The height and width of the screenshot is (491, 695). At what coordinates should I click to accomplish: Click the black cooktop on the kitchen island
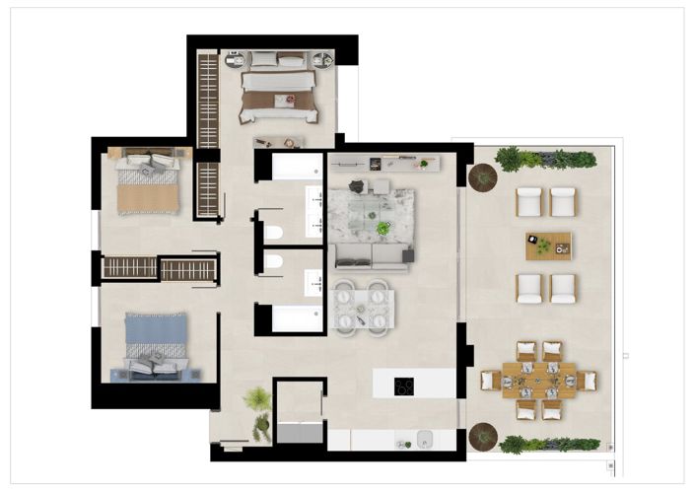[404, 386]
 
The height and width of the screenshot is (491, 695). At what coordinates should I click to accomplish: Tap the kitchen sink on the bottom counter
[426, 440]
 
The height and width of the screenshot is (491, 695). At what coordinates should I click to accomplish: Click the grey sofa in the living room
[369, 257]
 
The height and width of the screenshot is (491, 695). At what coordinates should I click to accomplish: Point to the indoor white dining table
[363, 307]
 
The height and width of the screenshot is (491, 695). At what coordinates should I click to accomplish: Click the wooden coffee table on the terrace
[547, 245]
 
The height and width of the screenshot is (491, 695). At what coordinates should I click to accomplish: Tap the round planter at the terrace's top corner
[483, 177]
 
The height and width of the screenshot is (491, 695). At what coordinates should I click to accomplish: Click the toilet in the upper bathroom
[274, 233]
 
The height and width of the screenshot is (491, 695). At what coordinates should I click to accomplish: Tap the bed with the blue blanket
[155, 342]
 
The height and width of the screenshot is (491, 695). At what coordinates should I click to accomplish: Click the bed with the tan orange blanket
[148, 183]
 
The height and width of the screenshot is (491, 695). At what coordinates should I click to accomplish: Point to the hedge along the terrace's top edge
[546, 159]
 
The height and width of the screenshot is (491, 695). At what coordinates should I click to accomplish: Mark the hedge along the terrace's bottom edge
[548, 445]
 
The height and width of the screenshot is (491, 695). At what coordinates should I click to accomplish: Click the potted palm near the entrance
[257, 398]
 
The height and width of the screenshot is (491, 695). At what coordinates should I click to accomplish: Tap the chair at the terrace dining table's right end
[589, 380]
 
